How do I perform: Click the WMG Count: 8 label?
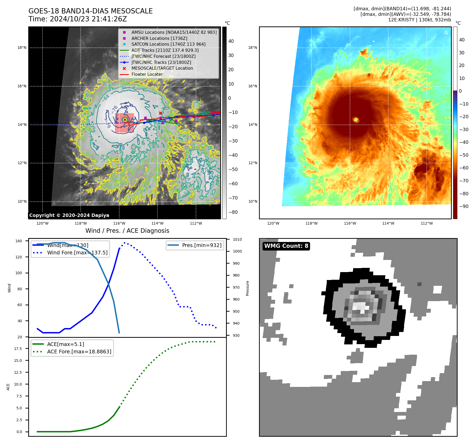(286, 246)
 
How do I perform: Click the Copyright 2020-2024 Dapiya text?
(69, 215)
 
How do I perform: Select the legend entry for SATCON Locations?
(168, 44)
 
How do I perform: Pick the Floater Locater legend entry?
(147, 74)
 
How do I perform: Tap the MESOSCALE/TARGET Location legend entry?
(162, 68)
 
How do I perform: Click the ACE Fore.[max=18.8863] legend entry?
(79, 352)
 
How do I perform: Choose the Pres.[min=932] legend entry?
(201, 245)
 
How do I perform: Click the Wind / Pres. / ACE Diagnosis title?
(127, 231)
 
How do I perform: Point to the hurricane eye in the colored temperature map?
(356, 120)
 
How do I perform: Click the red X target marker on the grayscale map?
(160, 113)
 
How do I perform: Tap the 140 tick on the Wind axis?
(19, 241)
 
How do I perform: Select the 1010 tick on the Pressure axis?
(237, 240)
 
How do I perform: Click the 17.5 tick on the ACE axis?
(18, 349)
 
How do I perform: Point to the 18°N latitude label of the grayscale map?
(22, 48)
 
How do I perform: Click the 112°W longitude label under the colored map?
(426, 223)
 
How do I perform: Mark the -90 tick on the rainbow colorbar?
(464, 206)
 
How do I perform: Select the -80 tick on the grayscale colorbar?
(233, 212)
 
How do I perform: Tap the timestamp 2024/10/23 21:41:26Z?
(88, 19)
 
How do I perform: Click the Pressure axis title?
(247, 288)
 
